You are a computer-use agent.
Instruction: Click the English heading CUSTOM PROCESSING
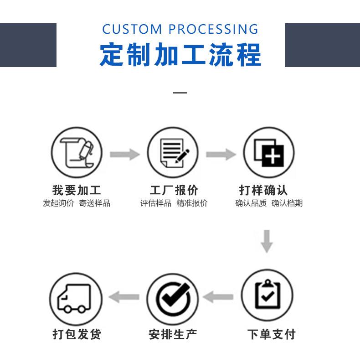[x=180, y=30]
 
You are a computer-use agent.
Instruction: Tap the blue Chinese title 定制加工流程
[x=180, y=55]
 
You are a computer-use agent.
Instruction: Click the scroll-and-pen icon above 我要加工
[x=77, y=153]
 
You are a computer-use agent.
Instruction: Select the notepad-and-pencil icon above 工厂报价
[x=173, y=153]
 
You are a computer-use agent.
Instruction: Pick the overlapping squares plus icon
[x=268, y=153]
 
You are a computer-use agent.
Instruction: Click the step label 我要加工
[x=77, y=190]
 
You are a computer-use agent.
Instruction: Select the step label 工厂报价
[x=174, y=190]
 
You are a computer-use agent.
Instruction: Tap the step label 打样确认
[x=264, y=190]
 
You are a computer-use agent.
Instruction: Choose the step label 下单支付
[x=271, y=334]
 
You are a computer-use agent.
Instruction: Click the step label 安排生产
[x=173, y=334]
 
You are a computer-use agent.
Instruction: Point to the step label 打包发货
[x=77, y=334]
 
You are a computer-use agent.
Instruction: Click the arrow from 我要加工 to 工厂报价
[x=124, y=154]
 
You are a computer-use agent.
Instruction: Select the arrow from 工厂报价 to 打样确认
[x=221, y=154]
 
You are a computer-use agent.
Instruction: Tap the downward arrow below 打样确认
[x=267, y=242]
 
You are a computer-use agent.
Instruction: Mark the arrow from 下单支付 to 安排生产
[x=218, y=298]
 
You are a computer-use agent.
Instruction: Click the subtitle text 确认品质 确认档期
[x=269, y=203]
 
